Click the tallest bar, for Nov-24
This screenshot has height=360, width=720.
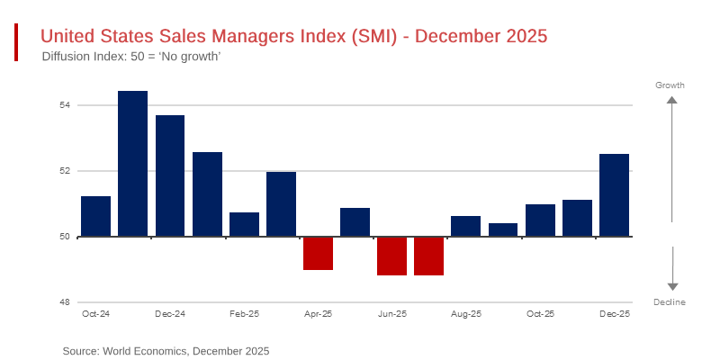tap(132, 164)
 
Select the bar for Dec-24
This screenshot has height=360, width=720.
tap(170, 175)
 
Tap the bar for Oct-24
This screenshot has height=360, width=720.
tap(95, 216)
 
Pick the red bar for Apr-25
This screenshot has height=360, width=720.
tap(318, 253)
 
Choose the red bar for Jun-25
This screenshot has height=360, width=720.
tap(391, 256)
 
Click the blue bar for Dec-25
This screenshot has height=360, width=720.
tap(614, 195)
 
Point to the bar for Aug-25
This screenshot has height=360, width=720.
tap(465, 226)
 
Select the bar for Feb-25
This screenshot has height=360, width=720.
tap(244, 224)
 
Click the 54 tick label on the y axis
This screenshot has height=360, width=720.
tap(66, 105)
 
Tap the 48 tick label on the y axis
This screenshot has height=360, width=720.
tap(66, 302)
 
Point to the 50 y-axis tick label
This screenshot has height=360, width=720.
tap(66, 237)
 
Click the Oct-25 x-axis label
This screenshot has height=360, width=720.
tap(540, 314)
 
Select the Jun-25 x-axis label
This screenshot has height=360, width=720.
tap(391, 314)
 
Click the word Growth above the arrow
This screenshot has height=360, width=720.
tap(670, 85)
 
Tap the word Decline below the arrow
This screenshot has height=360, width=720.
tap(670, 302)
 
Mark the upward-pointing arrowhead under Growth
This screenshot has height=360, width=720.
tap(671, 101)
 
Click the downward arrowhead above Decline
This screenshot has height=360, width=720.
tap(671, 286)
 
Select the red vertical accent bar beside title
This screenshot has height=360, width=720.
tap(16, 43)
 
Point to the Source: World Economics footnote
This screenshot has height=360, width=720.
tap(166, 351)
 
